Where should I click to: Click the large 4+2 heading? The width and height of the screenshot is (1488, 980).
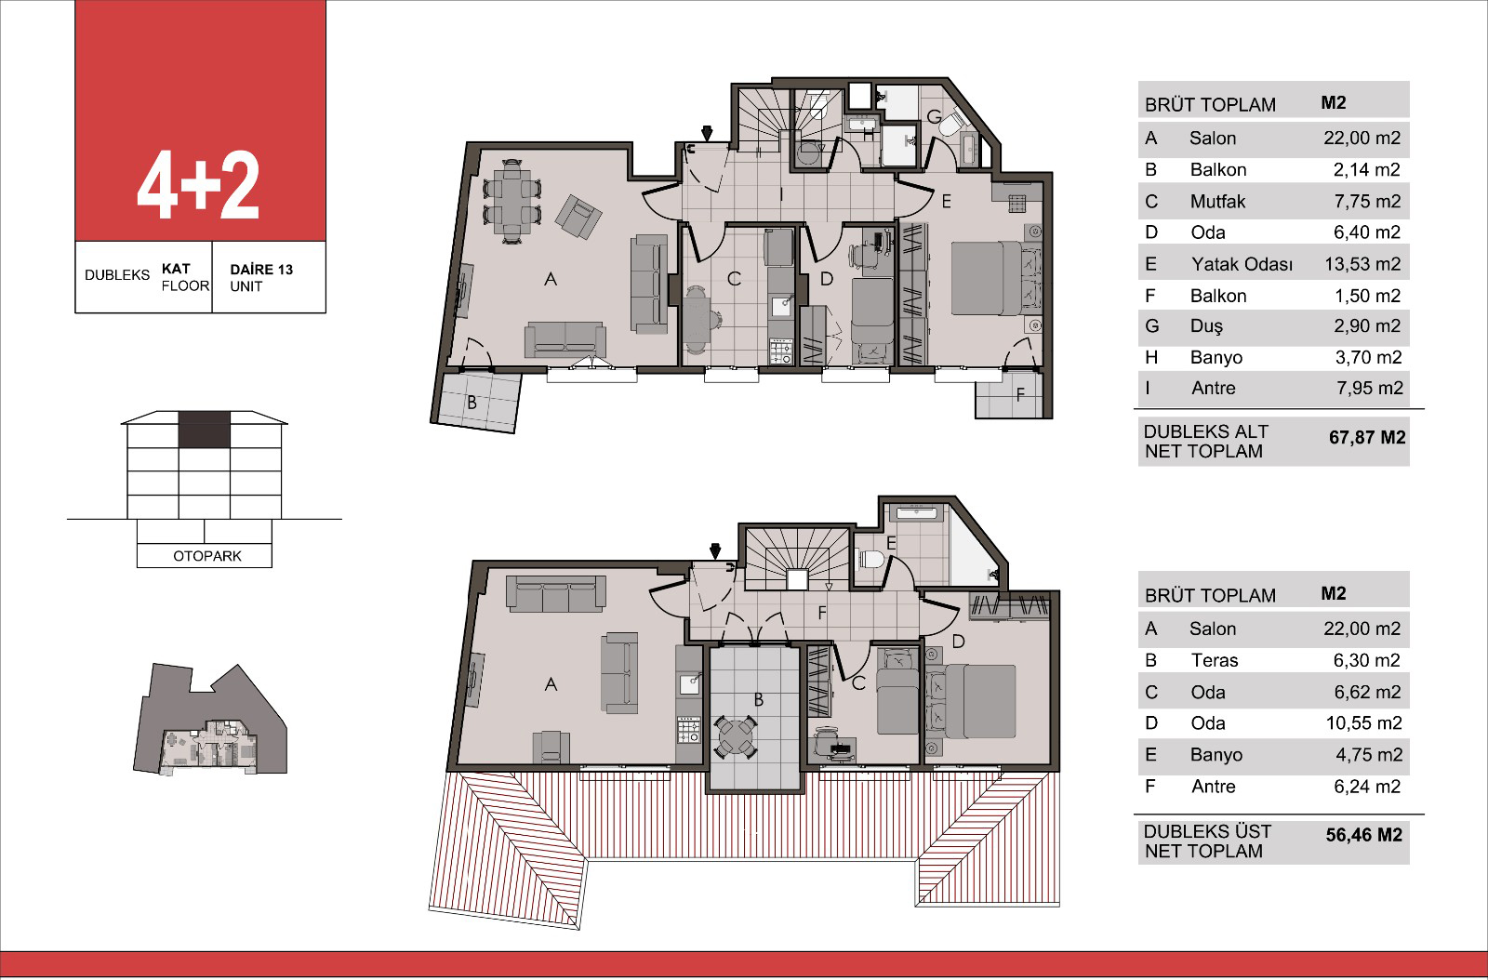(198, 185)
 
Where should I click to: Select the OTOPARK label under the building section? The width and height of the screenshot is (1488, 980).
(207, 556)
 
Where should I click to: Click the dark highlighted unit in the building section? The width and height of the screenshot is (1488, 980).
(204, 430)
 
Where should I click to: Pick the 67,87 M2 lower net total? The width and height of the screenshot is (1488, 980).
(1367, 438)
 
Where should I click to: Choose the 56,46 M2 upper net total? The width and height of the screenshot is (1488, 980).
(1363, 835)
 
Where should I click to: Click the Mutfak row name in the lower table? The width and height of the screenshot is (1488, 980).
(1217, 201)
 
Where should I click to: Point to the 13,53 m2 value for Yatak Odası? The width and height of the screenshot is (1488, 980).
(1362, 264)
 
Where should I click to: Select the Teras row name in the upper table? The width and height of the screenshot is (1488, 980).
(1215, 660)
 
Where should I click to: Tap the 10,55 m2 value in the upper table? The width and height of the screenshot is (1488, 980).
(1363, 723)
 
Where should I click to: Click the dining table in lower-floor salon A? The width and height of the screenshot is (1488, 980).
(511, 201)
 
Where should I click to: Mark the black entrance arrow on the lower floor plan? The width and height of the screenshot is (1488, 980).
(707, 133)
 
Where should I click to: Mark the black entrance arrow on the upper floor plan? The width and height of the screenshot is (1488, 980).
(715, 550)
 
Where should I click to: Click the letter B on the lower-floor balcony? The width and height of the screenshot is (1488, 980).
(472, 403)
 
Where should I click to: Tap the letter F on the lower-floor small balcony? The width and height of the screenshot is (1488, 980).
(1020, 395)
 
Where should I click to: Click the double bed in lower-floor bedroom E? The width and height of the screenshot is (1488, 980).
(996, 277)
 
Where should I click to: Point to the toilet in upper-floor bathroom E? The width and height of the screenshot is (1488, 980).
(870, 560)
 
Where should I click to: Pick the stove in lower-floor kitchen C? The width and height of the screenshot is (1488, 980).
(781, 351)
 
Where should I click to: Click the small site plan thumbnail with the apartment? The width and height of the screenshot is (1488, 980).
(210, 719)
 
